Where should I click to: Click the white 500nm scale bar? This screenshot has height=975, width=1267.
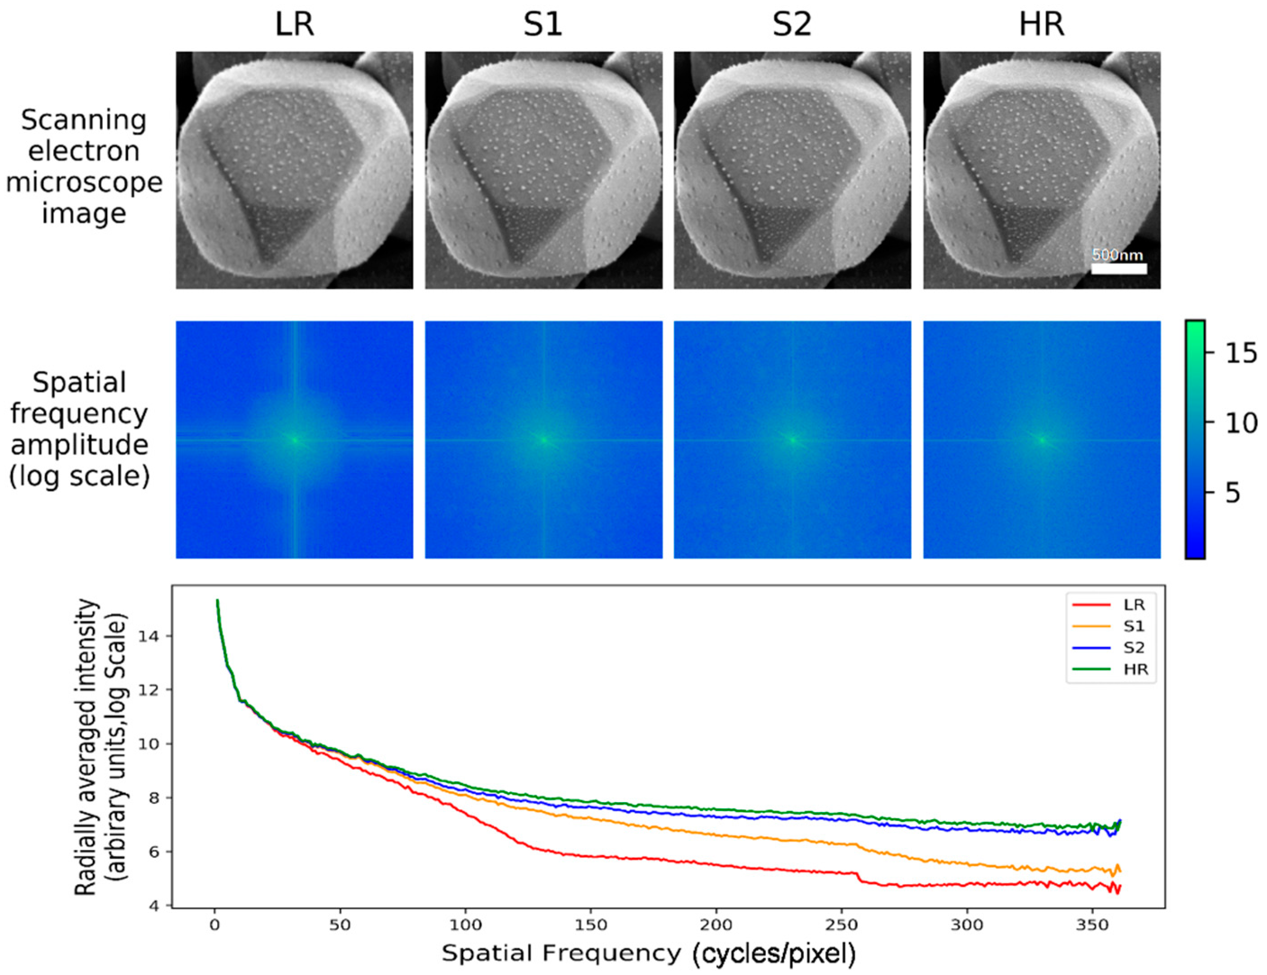point(1118,268)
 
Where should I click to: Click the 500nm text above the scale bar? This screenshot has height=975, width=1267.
point(1117,254)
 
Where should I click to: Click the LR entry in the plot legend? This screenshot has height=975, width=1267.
point(1134,605)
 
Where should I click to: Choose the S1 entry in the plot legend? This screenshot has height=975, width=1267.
point(1134,626)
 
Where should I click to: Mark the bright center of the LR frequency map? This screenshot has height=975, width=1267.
point(295,440)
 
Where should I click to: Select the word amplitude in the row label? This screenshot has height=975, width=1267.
point(79,445)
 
